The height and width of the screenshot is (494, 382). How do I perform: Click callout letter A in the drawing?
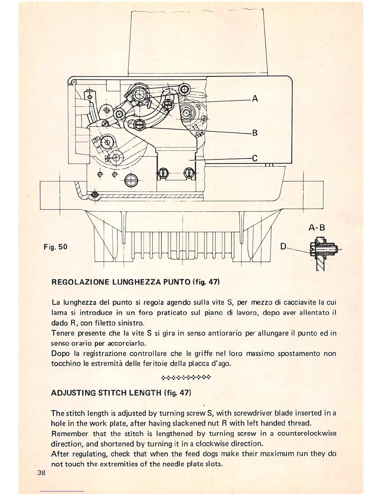(x=255, y=99)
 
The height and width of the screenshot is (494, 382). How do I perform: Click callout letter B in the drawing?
(x=255, y=133)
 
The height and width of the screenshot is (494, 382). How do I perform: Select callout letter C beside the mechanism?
(x=255, y=158)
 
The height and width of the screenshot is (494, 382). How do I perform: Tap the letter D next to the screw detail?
(x=283, y=246)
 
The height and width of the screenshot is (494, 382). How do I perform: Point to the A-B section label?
(x=317, y=228)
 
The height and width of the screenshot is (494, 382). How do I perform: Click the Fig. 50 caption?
(x=55, y=247)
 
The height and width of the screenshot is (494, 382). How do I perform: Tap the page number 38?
(x=42, y=472)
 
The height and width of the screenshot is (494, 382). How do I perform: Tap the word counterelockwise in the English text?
(x=307, y=433)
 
